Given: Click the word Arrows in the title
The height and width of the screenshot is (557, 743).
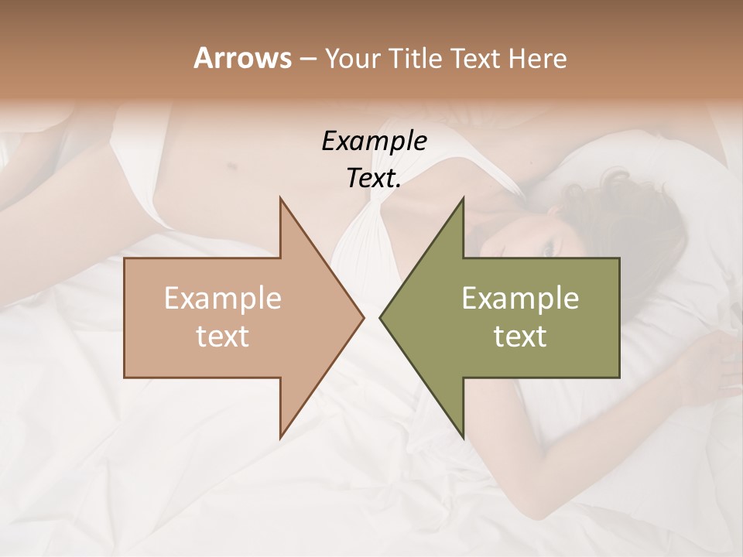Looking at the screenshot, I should pyautogui.click(x=241, y=58).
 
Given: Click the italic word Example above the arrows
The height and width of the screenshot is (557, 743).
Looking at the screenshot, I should pyautogui.click(x=374, y=142).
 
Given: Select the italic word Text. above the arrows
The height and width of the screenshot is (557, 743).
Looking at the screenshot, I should pyautogui.click(x=374, y=179).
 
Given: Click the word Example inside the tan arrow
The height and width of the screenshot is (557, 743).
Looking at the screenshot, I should pyautogui.click(x=222, y=299).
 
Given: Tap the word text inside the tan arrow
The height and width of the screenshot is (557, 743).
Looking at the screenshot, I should pyautogui.click(x=222, y=337).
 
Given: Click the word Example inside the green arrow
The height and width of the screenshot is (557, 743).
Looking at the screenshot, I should pyautogui.click(x=520, y=299).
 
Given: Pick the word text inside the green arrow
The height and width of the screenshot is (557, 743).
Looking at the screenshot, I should pyautogui.click(x=520, y=337).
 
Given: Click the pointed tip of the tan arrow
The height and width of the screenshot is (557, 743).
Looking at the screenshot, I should pyautogui.click(x=363, y=317).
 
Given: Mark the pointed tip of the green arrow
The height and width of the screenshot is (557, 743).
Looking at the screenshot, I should pyautogui.click(x=380, y=317).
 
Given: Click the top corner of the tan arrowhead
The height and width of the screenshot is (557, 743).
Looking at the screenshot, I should pyautogui.click(x=280, y=199).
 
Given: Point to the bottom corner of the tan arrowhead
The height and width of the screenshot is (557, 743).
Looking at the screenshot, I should pyautogui.click(x=280, y=437).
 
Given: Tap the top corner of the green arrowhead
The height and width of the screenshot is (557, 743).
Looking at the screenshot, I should pyautogui.click(x=463, y=199).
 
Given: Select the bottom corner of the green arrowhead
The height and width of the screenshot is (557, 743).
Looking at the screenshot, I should pyautogui.click(x=463, y=437).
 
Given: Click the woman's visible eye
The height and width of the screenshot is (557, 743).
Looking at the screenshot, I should pyautogui.click(x=549, y=250).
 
